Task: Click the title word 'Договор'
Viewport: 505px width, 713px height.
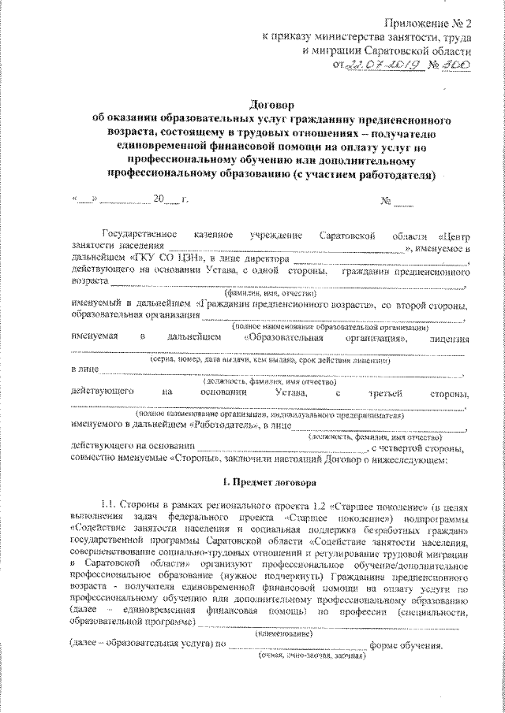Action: click(271, 106)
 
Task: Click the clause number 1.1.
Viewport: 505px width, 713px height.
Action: click(110, 503)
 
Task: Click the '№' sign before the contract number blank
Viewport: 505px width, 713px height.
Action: click(387, 199)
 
